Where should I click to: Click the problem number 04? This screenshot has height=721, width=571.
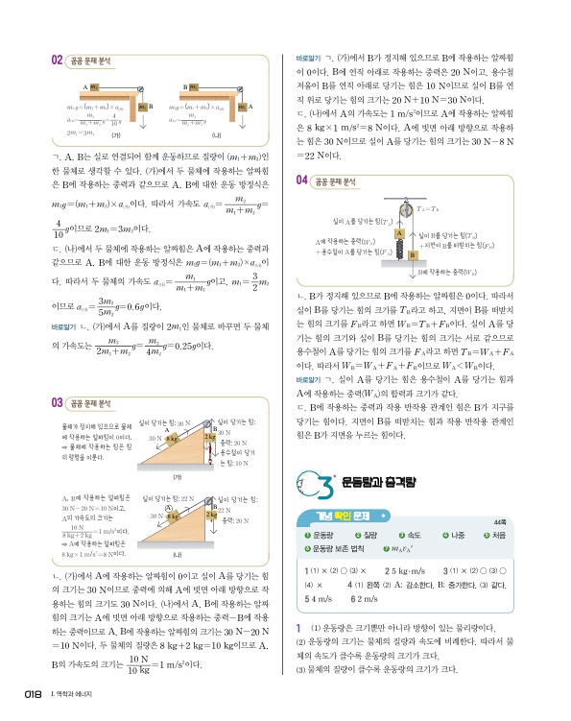click(x=302, y=180)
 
